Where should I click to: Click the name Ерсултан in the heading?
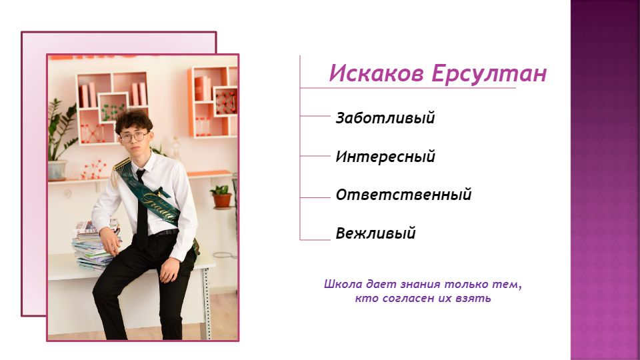pos(489,74)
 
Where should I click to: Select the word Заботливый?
pos(385,118)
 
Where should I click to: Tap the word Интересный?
pos(385,156)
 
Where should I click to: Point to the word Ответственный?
pos(404,195)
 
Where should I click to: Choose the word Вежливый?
pos(375,233)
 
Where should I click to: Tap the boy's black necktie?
pos(141,208)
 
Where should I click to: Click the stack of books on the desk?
pos(95,245)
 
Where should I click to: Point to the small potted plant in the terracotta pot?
pos(221,196)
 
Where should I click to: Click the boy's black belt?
pos(166,233)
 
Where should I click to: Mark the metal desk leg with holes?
pos(207,304)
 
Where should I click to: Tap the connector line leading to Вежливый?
pos(315,239)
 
